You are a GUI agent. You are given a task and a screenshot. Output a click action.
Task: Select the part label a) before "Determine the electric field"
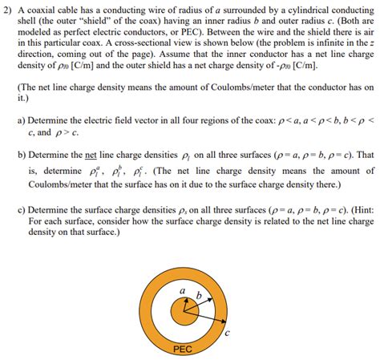(22, 119)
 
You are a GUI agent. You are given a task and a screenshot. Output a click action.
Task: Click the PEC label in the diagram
(182, 350)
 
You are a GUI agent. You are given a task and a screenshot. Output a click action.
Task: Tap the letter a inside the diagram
(182, 289)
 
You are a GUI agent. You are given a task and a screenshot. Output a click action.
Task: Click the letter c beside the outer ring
(228, 332)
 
